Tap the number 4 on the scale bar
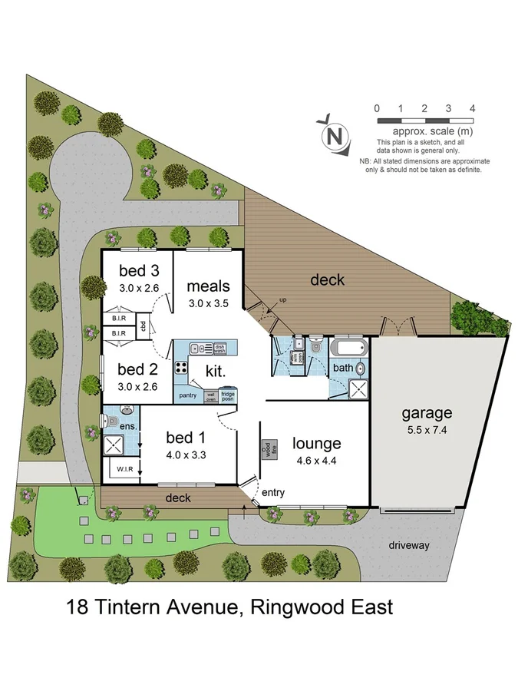473,108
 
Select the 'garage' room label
427,413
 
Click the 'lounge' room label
316,443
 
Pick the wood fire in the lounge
268,448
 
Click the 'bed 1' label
186,438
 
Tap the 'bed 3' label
139,271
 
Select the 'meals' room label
209,287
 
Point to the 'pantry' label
188,396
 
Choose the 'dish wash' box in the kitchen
220,348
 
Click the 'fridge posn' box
228,396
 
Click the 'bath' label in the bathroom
342,368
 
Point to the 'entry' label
273,492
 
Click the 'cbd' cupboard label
144,326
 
